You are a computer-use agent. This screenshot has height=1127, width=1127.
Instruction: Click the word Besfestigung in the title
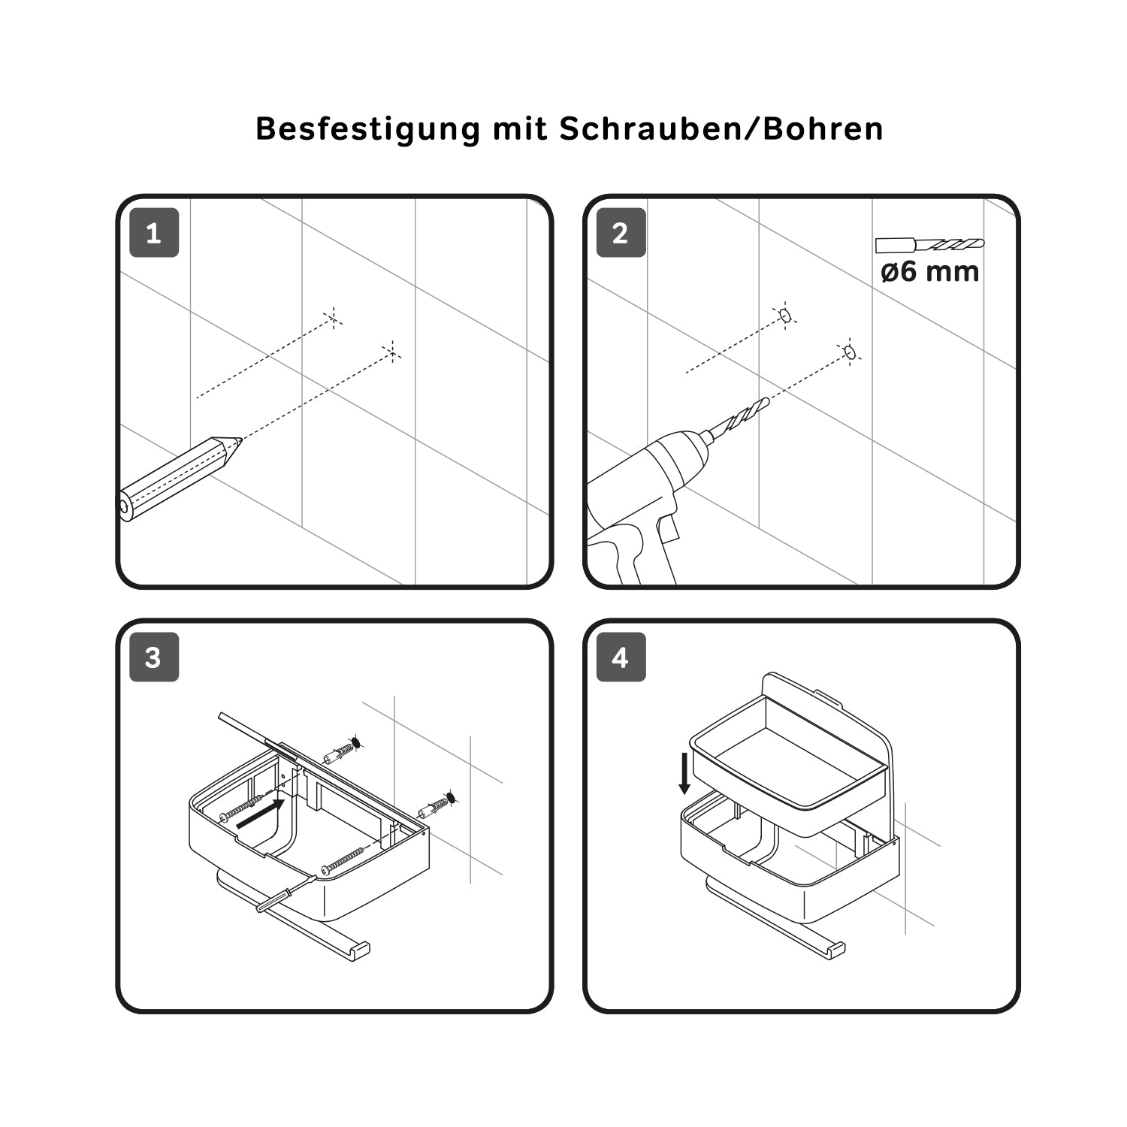tap(368, 129)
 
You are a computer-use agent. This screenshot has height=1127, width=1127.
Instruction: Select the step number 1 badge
tap(154, 233)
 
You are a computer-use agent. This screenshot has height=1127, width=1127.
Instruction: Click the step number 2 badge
tap(621, 233)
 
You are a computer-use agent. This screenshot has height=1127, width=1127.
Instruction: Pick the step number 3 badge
tap(154, 657)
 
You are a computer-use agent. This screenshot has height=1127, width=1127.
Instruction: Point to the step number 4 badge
tap(621, 657)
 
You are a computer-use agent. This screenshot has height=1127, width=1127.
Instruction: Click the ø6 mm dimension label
tap(930, 271)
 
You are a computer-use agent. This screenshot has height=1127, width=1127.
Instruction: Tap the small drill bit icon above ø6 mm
tap(929, 245)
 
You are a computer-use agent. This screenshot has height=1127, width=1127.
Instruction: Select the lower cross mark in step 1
tap(391, 351)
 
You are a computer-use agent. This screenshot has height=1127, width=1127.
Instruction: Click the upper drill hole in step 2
tap(785, 316)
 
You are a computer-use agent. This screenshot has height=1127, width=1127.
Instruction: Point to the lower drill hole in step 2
tap(850, 352)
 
